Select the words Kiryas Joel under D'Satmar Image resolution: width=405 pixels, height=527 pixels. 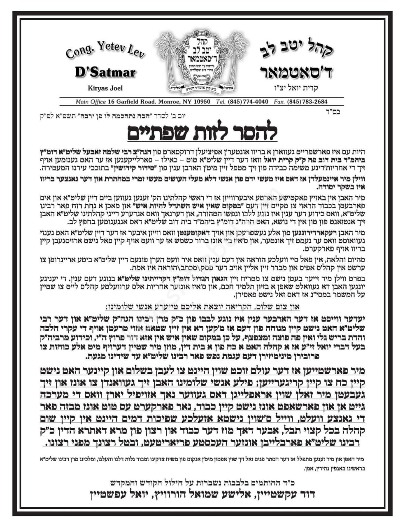point(105,88)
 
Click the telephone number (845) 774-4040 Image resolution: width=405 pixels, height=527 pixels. point(249,102)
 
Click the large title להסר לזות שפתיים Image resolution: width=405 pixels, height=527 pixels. point(201,133)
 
